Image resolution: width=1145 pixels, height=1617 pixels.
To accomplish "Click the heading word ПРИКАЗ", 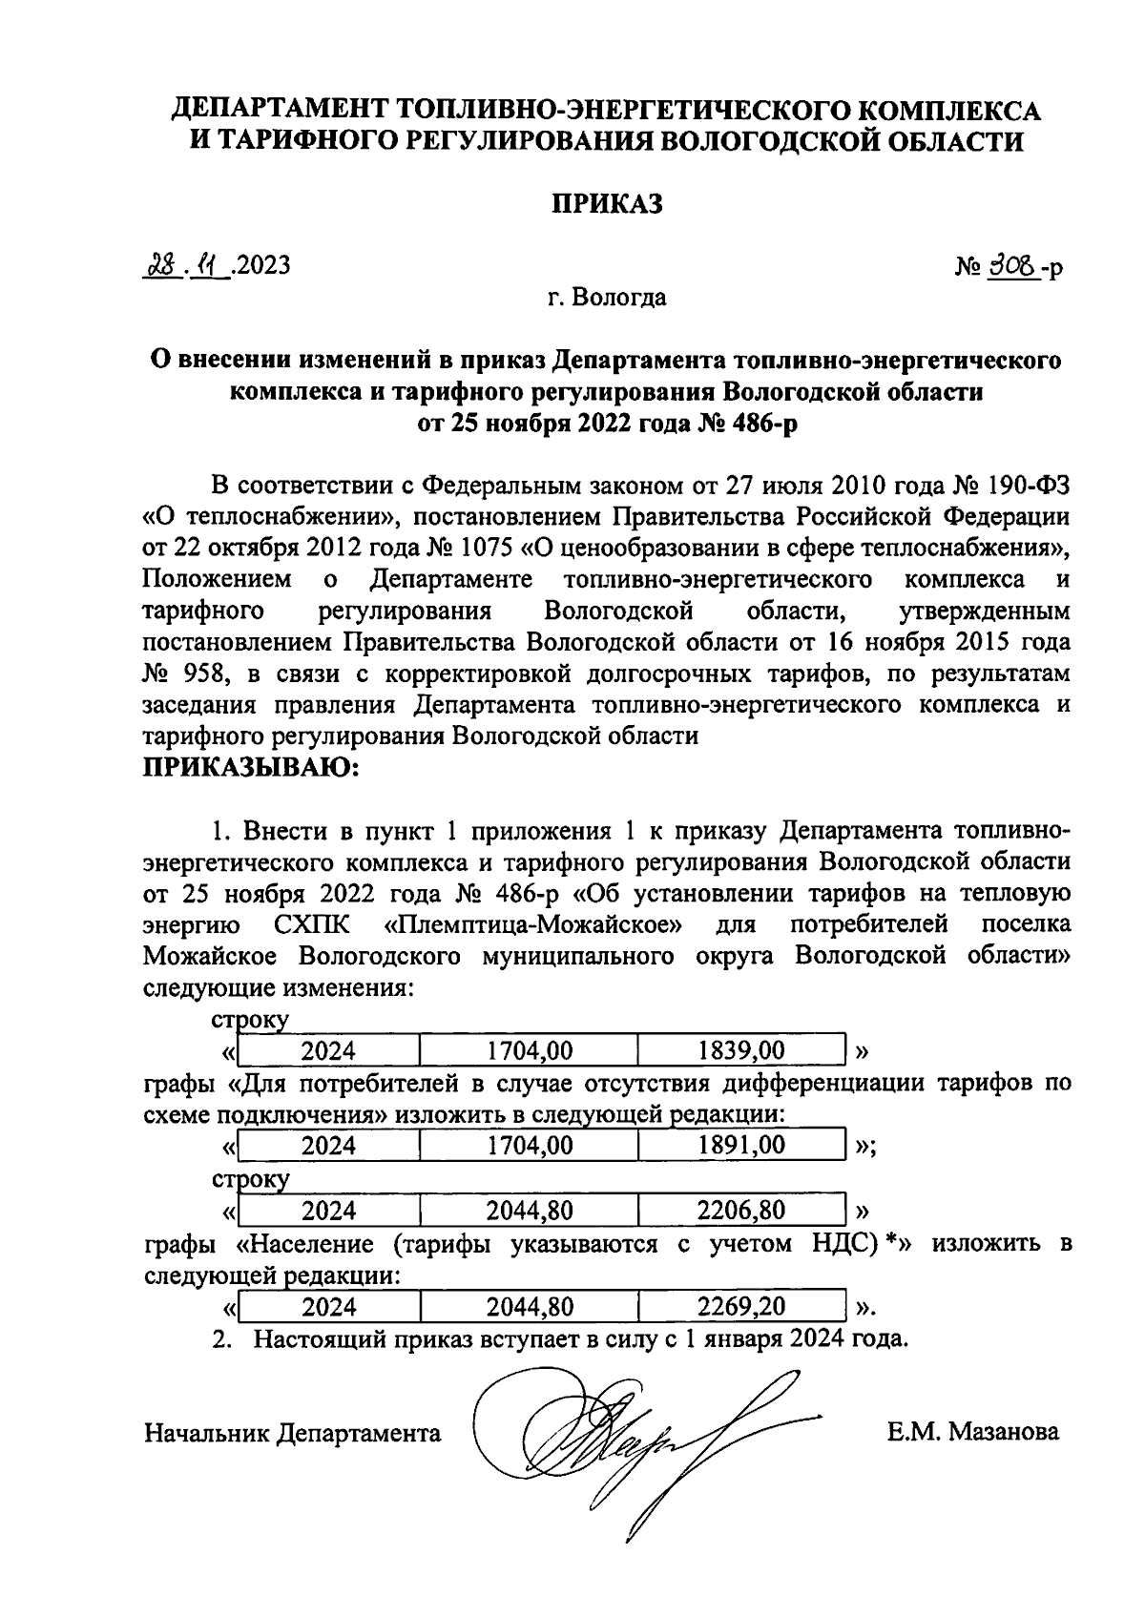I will pos(606,204).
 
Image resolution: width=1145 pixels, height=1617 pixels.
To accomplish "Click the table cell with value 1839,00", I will pos(741,1051).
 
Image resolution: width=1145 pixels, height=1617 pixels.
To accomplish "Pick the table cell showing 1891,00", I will pos(741,1145).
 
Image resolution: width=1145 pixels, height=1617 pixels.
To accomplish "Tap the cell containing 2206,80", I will pos(741,1212).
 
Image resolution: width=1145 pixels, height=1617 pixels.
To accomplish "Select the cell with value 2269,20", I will pos(741,1306).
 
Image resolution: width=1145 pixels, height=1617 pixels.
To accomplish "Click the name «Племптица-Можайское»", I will pos(534,925).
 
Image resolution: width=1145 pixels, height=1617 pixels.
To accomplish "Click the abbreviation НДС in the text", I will pos(836,1244).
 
